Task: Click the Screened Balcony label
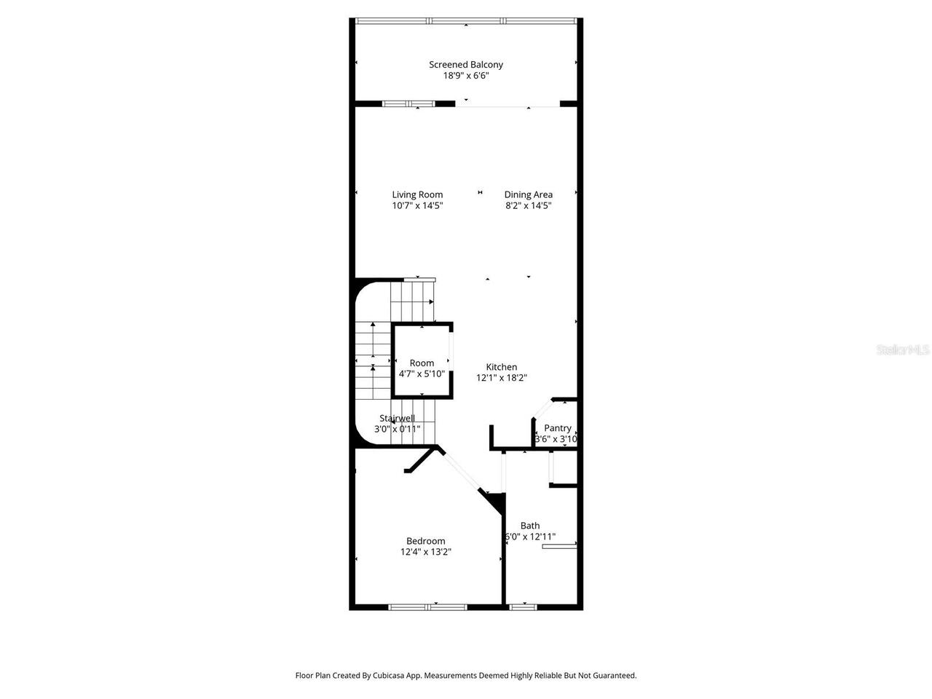pyautogui.click(x=466, y=65)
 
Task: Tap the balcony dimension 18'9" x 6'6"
pyautogui.click(x=466, y=76)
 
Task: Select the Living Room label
pyautogui.click(x=417, y=194)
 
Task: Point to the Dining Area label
pyautogui.click(x=528, y=194)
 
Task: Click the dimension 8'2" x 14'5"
pyautogui.click(x=528, y=205)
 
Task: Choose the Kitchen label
pyautogui.click(x=502, y=367)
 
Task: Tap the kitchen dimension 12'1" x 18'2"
pyautogui.click(x=502, y=378)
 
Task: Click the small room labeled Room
pyautogui.click(x=422, y=363)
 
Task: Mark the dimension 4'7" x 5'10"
pyautogui.click(x=422, y=374)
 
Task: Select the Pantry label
pyautogui.click(x=558, y=428)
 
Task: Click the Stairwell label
pyautogui.click(x=397, y=418)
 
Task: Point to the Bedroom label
pyautogui.click(x=426, y=541)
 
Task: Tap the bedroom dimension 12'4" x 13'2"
pyautogui.click(x=426, y=552)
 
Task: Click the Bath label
pyautogui.click(x=530, y=526)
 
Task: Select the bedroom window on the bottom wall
pyautogui.click(x=427, y=607)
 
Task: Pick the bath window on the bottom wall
pyautogui.click(x=523, y=607)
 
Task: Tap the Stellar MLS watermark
pyautogui.click(x=903, y=350)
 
